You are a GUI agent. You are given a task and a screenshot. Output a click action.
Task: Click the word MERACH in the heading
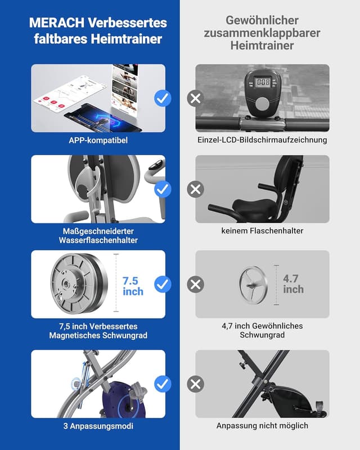coord(57,22)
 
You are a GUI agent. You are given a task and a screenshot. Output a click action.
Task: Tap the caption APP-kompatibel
coord(98,140)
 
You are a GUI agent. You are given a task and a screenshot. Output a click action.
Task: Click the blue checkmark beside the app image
coord(163,98)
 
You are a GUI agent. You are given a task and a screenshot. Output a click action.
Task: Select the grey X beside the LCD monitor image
coord(196,98)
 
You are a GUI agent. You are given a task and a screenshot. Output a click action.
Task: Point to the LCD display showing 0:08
coord(263,83)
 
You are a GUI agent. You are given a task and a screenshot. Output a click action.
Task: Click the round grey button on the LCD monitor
coord(263,103)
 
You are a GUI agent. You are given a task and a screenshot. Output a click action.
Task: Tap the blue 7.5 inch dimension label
coord(133,286)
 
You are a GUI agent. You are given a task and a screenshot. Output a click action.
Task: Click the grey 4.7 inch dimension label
coord(293,284)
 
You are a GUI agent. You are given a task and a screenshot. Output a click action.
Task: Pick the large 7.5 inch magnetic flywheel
coord(79,284)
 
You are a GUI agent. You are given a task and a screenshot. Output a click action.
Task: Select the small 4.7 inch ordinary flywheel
coord(254,285)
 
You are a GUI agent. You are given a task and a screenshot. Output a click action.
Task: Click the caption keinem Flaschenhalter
coord(262,231)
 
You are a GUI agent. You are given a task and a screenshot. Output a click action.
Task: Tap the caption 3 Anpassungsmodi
coord(98,426)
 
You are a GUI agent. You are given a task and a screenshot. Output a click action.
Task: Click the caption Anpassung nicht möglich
coord(262,426)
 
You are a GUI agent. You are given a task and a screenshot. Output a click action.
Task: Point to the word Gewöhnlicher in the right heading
coord(262,20)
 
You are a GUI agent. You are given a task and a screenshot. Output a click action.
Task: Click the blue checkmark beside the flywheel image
coord(163,284)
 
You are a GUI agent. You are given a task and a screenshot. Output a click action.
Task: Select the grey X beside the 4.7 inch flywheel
coord(196,285)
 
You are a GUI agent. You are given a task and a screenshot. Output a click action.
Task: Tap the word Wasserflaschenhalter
coord(98,240)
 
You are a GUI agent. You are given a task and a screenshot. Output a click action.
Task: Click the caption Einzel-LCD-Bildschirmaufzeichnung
coord(262,139)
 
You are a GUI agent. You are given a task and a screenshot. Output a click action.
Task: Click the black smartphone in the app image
coord(103,119)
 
